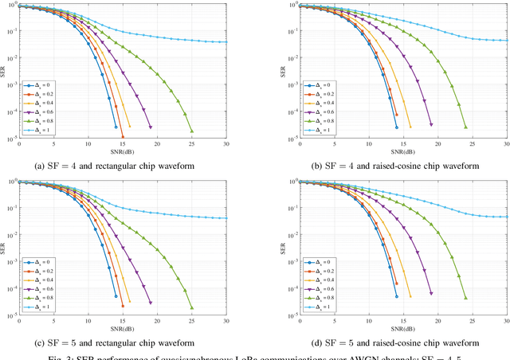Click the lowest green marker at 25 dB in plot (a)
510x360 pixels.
coord(192,131)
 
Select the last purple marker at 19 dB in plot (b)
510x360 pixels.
coord(431,124)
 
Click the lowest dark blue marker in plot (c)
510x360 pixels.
coord(116,303)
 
